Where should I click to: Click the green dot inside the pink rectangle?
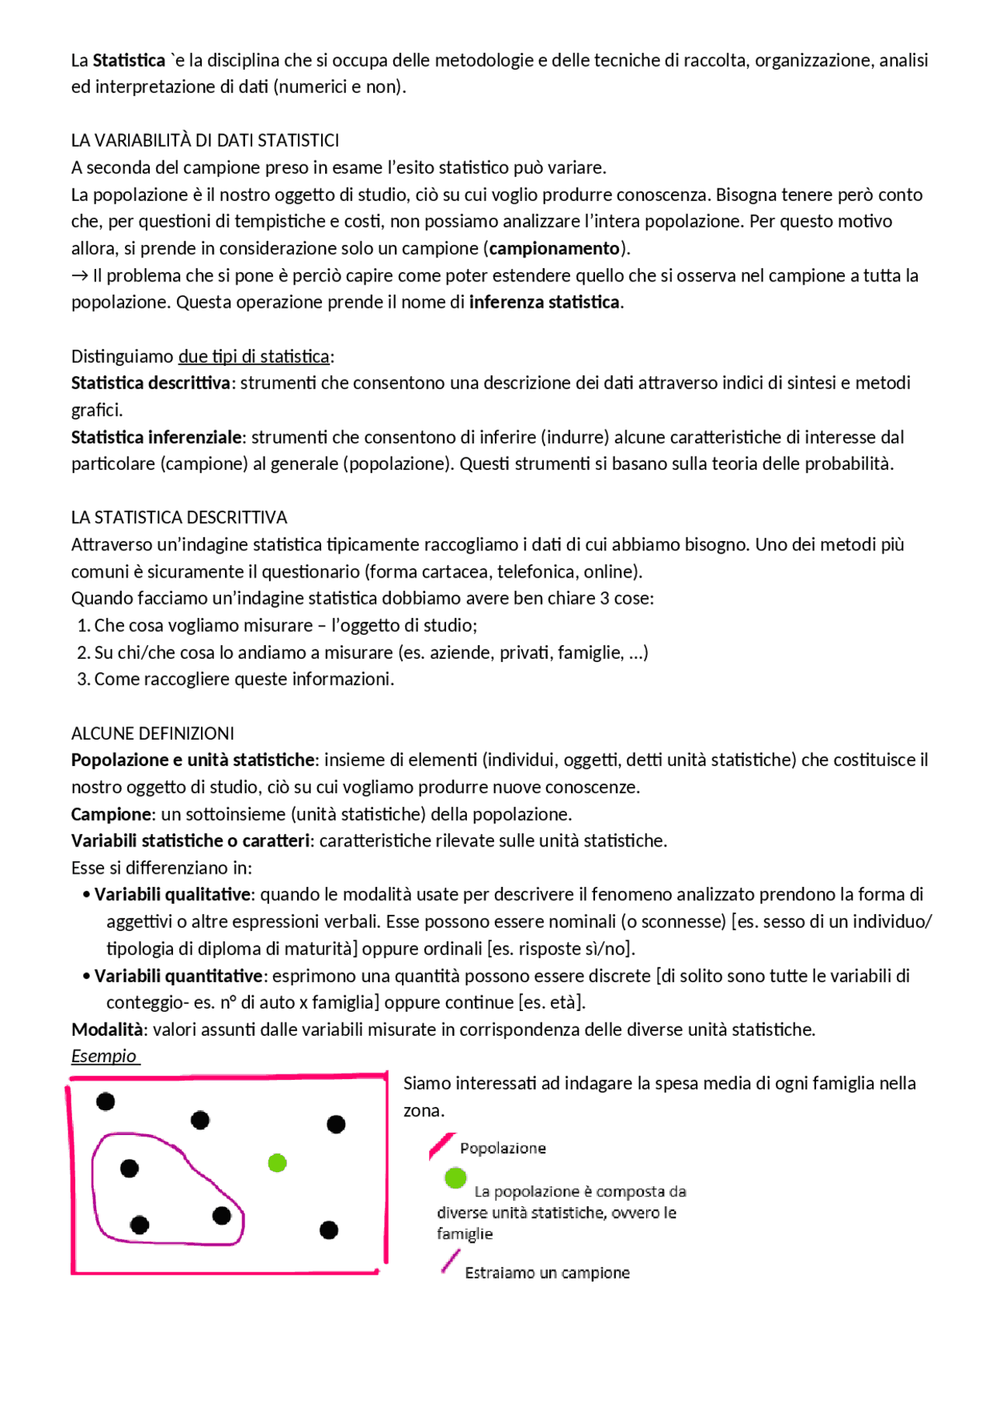pyautogui.click(x=277, y=1163)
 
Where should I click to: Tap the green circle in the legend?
pyautogui.click(x=455, y=1178)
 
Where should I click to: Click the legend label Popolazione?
pyautogui.click(x=503, y=1148)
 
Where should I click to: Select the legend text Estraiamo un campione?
pyautogui.click(x=547, y=1273)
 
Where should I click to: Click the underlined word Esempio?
pyautogui.click(x=104, y=1056)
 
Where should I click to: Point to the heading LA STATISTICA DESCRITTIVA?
pyautogui.click(x=179, y=517)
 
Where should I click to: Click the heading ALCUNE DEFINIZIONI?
pyautogui.click(x=153, y=733)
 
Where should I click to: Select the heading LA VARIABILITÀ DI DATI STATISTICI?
pyautogui.click(x=205, y=140)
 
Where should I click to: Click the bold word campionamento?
pyautogui.click(x=555, y=248)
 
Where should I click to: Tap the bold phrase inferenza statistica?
pyautogui.click(x=545, y=302)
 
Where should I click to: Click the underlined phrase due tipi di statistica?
pyautogui.click(x=254, y=356)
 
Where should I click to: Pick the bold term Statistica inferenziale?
pyautogui.click(x=157, y=437)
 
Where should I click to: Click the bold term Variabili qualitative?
pyautogui.click(x=173, y=895)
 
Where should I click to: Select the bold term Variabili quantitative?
pyautogui.click(x=178, y=975)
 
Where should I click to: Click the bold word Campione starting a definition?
pyautogui.click(x=111, y=814)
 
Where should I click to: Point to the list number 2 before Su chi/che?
pyautogui.click(x=83, y=653)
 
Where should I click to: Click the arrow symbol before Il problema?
pyautogui.click(x=79, y=275)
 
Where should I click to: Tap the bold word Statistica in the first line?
pyautogui.click(x=129, y=60)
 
